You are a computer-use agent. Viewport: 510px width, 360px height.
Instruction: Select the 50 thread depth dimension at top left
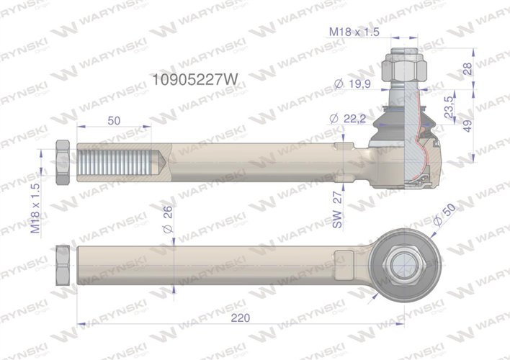(113, 121)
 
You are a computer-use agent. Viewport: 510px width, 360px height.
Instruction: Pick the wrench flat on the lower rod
(345, 261)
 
